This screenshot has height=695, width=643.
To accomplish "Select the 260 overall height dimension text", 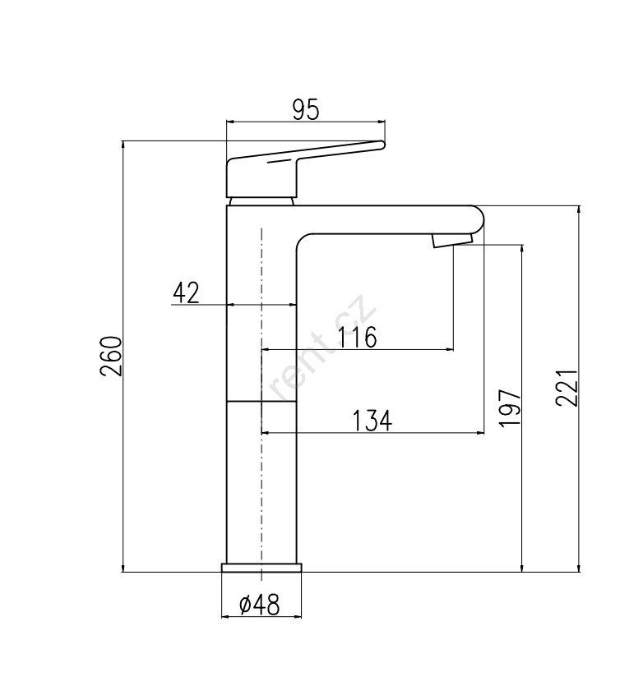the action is point(110,356).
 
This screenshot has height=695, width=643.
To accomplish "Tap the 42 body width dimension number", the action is point(186,292).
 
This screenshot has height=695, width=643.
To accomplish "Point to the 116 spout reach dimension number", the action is point(357,338).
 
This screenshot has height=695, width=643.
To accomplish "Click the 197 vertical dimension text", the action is point(510,408).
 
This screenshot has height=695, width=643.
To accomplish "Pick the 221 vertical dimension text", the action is point(567,387).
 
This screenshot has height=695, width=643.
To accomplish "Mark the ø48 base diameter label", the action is point(260,604).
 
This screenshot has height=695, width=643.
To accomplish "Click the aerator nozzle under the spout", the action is point(451,242).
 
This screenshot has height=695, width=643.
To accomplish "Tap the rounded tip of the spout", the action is point(480,219).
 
